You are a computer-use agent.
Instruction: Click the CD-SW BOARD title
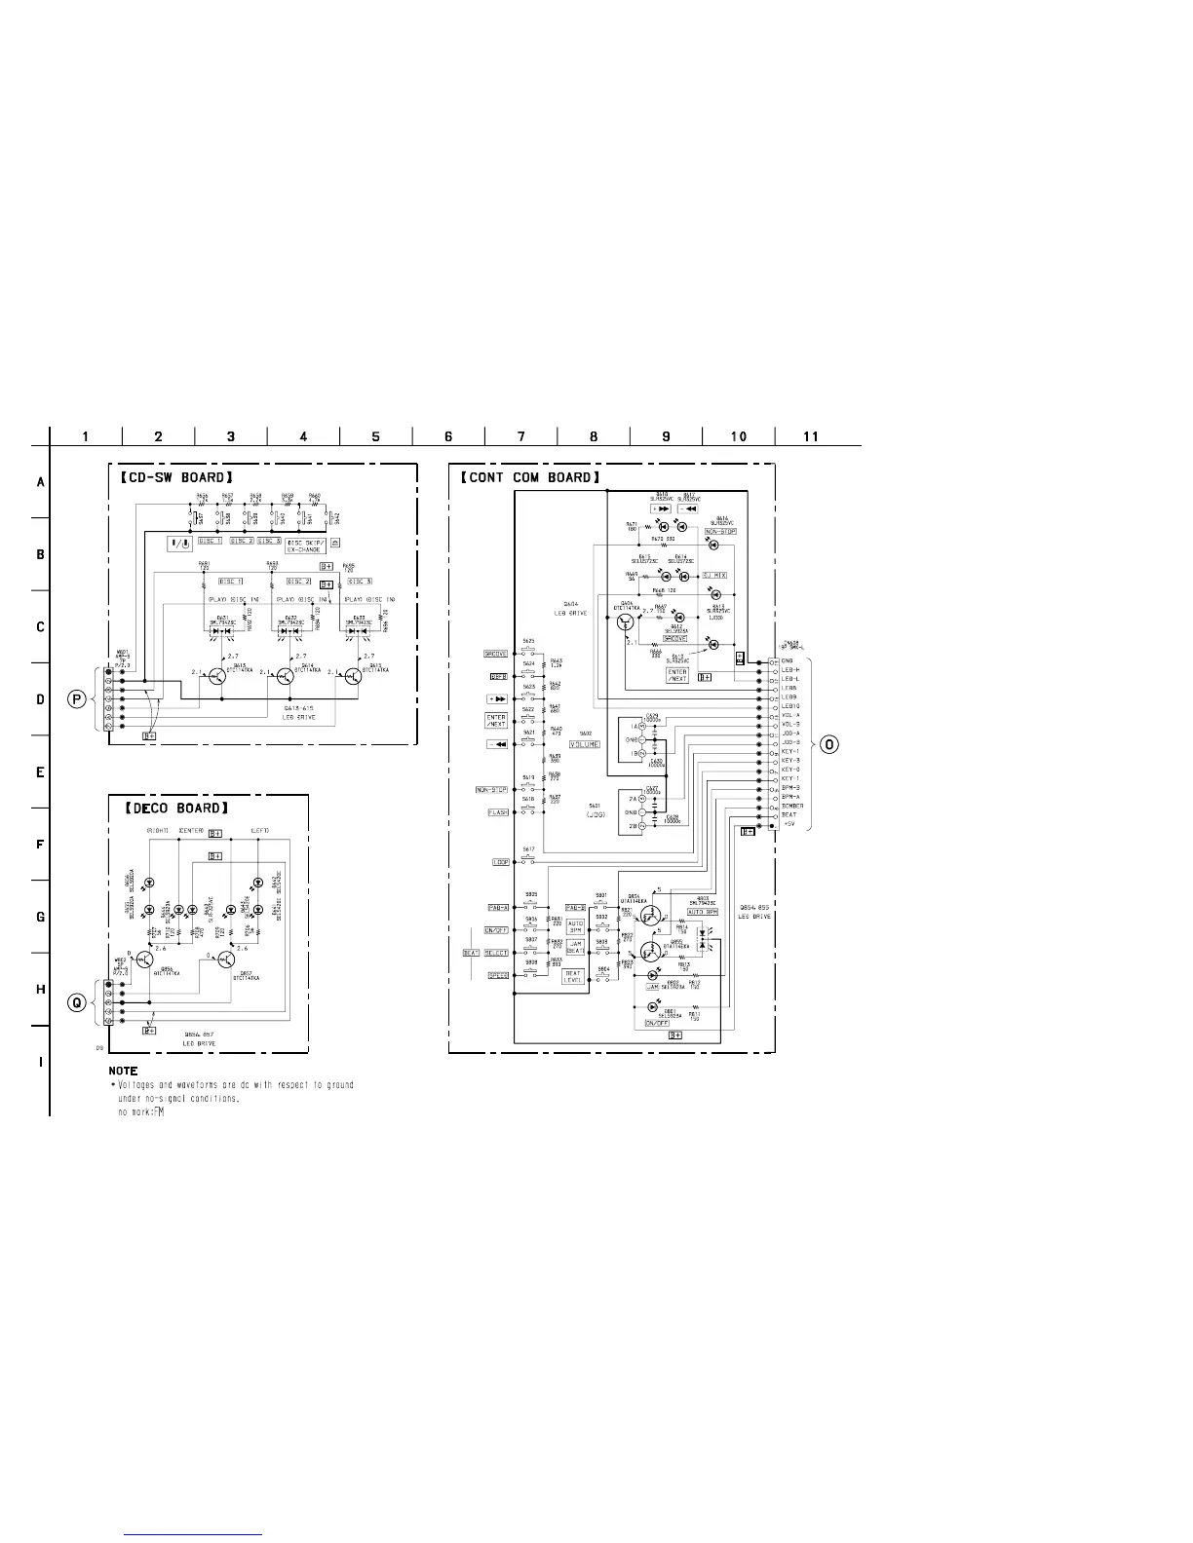point(171,477)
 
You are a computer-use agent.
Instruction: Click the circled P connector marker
point(75,699)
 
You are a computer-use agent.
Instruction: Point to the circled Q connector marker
point(75,1005)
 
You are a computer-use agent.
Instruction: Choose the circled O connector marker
point(829,745)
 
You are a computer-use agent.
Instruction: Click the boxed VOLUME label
point(585,744)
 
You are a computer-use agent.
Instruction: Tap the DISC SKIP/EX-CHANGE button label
point(304,546)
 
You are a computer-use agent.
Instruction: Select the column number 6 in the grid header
point(448,436)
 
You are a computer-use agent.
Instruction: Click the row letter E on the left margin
point(40,772)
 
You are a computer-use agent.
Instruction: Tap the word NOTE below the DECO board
point(123,1072)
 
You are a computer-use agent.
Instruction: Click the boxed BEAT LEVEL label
point(573,976)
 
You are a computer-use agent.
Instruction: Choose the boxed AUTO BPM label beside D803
point(703,912)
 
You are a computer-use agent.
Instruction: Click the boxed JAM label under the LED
point(652,988)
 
